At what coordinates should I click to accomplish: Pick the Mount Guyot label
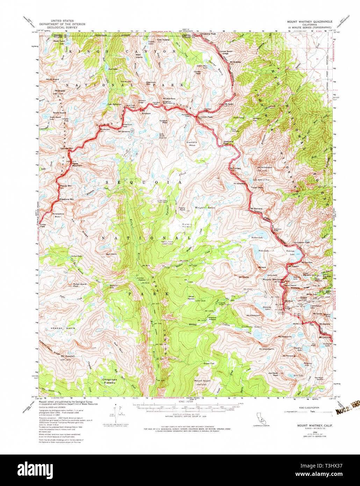point(202,380)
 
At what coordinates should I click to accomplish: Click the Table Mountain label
point(77,164)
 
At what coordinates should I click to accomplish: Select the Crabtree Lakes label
point(251,327)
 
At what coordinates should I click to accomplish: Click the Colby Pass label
point(43,226)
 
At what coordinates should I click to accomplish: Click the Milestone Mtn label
point(66,199)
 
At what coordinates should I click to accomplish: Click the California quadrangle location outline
point(259,418)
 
